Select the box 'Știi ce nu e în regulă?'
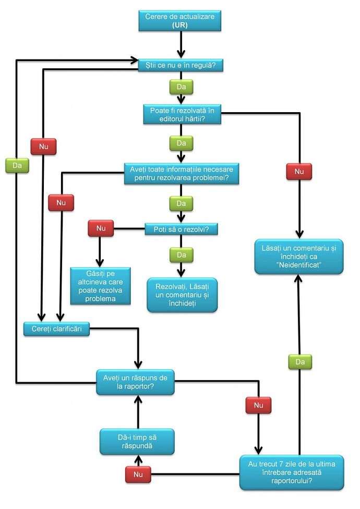[x=181, y=65]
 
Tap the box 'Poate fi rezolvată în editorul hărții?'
[x=182, y=114]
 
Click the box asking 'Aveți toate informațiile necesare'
[x=182, y=174]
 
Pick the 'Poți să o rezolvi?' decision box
[x=181, y=229]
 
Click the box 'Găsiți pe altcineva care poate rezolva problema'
[x=101, y=286]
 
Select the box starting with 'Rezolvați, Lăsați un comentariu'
[x=182, y=295]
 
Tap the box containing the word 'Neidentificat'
[x=299, y=257]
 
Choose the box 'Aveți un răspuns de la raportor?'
[x=135, y=382]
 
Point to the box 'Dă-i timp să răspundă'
[x=137, y=442]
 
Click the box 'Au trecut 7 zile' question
[x=292, y=472]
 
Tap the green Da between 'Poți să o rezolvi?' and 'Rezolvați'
[x=182, y=255]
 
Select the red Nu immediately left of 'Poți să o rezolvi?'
[x=101, y=228]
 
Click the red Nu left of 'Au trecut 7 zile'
[x=138, y=475]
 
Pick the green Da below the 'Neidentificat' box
[x=299, y=361]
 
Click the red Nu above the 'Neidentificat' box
[x=299, y=171]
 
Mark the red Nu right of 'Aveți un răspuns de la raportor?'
[x=258, y=405]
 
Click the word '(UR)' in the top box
[x=181, y=25]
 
